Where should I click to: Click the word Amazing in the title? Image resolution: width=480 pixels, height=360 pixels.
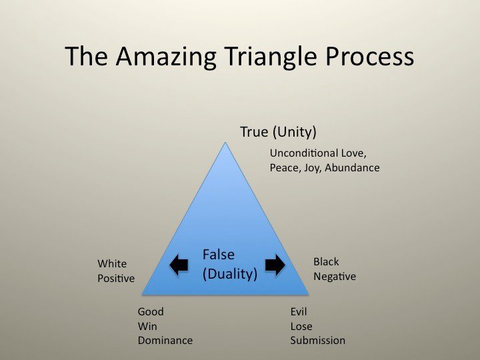click(x=166, y=57)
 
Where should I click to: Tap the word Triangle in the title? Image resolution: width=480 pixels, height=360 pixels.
click(x=270, y=57)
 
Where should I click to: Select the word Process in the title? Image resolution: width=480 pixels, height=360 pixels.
click(x=369, y=56)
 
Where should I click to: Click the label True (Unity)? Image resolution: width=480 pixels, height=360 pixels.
click(x=278, y=132)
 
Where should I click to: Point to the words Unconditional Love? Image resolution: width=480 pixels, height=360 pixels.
click(x=318, y=153)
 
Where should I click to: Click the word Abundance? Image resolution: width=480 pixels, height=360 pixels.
click(x=352, y=167)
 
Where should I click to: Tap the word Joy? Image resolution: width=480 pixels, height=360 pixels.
click(x=311, y=168)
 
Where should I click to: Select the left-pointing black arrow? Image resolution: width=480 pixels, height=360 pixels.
click(x=179, y=265)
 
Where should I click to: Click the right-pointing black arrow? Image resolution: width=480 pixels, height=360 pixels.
click(x=275, y=265)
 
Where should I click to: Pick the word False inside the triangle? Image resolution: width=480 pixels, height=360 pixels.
click(x=219, y=255)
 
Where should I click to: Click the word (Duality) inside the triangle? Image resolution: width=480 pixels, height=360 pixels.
click(x=230, y=274)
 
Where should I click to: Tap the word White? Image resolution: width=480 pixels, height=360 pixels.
click(x=112, y=263)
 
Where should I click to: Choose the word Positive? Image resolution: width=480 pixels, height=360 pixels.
click(x=116, y=278)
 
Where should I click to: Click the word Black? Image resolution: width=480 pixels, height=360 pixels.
click(x=326, y=262)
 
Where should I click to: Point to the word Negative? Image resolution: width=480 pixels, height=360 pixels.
click(x=335, y=277)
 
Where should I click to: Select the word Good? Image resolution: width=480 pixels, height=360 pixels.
click(x=151, y=311)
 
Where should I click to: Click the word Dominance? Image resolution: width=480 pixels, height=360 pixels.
click(x=165, y=341)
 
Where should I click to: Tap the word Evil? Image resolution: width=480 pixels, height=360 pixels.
click(x=299, y=311)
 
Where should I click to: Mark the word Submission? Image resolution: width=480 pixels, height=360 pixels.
click(x=318, y=341)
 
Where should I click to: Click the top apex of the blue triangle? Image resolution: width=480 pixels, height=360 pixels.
click(x=225, y=143)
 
